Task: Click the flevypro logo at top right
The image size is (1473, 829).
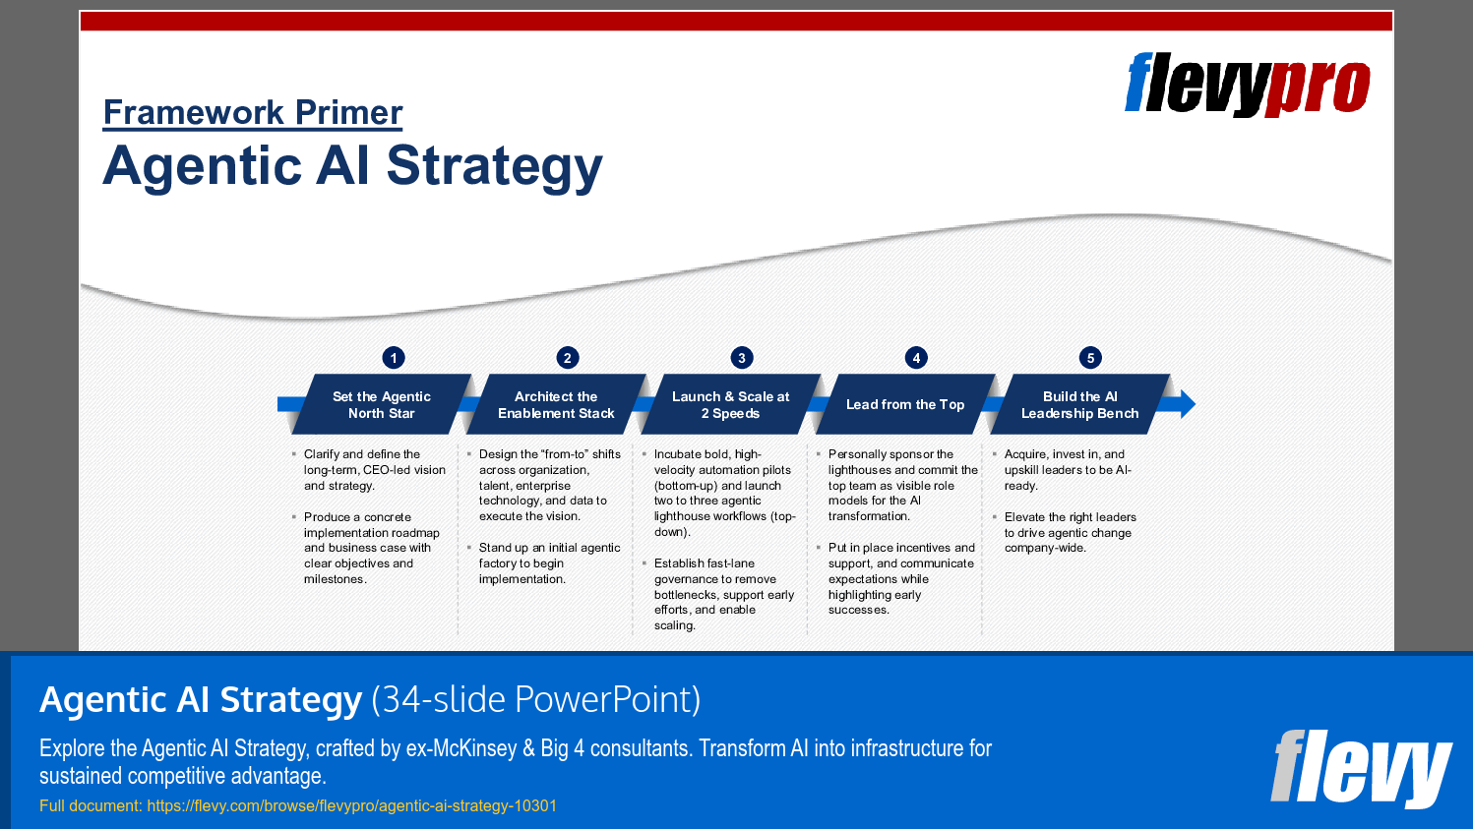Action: pos(1247,86)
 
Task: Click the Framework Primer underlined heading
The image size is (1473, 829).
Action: pos(253,112)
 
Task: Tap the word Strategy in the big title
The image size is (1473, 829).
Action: pos(494,166)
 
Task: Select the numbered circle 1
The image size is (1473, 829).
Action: pos(394,358)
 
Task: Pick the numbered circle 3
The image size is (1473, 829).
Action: pos(742,358)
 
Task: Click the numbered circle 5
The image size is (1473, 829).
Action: pos(1090,358)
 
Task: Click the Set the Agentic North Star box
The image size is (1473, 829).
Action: pos(382,404)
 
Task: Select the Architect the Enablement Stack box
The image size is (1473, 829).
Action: pos(556,404)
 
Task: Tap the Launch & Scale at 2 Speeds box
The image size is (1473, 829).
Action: pos(730,404)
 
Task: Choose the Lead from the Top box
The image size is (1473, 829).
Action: pos(905,404)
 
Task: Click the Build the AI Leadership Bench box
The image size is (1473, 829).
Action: pos(1079,404)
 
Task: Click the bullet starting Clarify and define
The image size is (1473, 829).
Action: pos(374,470)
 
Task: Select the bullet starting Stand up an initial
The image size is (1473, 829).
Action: pos(549,563)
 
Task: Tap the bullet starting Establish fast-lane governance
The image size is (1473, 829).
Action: pos(723,594)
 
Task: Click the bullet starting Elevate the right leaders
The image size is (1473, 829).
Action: pos(1070,532)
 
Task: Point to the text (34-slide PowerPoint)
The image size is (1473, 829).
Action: pos(536,699)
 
